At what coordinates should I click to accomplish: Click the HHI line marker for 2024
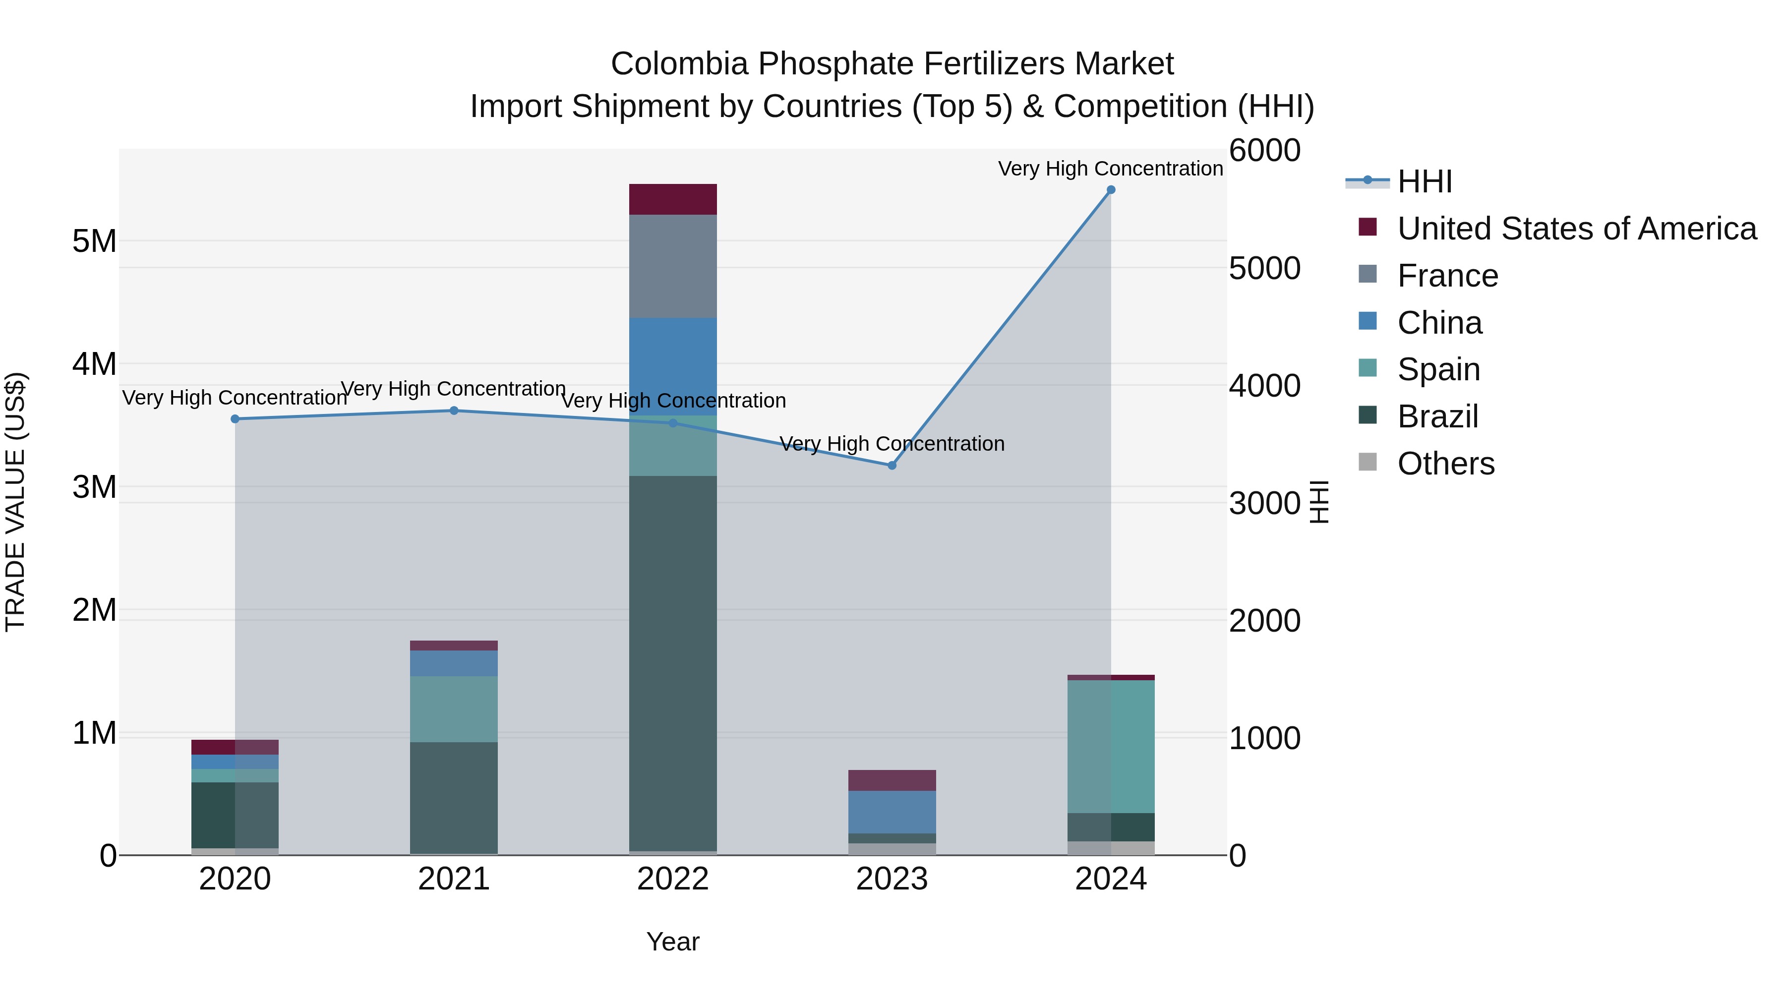coord(1111,190)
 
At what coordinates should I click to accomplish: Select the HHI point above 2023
coord(892,466)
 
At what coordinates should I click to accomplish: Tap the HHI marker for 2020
coord(235,419)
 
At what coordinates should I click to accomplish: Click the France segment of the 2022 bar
coord(673,266)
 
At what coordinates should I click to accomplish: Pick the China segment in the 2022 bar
coord(673,366)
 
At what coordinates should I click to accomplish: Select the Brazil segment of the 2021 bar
coord(454,797)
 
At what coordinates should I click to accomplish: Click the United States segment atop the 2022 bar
coord(673,199)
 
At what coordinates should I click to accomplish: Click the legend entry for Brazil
coord(1438,416)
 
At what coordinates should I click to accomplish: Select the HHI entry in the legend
coord(1425,181)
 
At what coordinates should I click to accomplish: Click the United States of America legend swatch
coord(1368,227)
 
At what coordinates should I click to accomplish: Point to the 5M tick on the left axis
coord(94,242)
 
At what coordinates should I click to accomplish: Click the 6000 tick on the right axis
coord(1264,151)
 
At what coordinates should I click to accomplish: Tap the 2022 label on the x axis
coord(673,879)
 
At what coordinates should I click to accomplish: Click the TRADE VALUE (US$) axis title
coord(16,502)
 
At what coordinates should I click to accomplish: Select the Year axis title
coord(673,942)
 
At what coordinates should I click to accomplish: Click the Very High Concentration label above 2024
coord(1110,169)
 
